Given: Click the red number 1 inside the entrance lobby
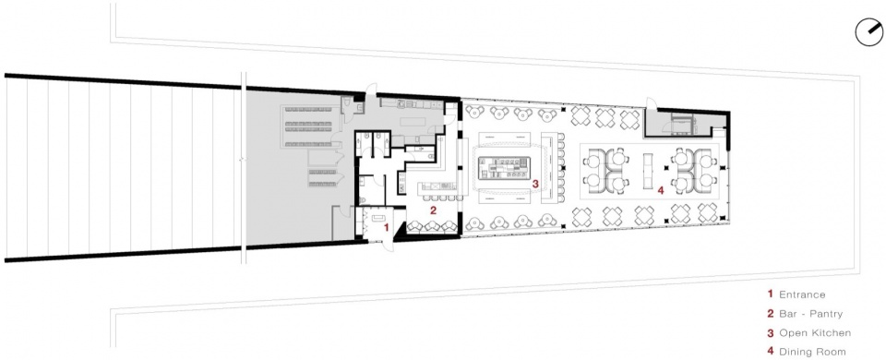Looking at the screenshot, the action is pyautogui.click(x=386, y=228).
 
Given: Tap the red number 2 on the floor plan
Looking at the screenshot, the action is pyautogui.click(x=433, y=211).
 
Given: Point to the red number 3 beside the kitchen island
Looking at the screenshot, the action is pyautogui.click(x=535, y=183).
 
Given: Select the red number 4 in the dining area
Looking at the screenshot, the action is pyautogui.click(x=660, y=190).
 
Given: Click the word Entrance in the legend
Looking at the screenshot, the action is pyautogui.click(x=802, y=294).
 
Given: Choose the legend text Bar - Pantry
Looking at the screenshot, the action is pyautogui.click(x=811, y=314).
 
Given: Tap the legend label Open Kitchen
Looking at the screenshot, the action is pyautogui.click(x=815, y=333).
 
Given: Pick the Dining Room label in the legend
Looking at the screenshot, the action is pyautogui.click(x=812, y=352).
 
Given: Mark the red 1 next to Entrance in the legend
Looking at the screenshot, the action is pyautogui.click(x=770, y=294).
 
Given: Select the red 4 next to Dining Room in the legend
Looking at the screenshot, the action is pyautogui.click(x=770, y=352).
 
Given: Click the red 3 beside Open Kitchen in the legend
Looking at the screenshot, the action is pyautogui.click(x=770, y=333).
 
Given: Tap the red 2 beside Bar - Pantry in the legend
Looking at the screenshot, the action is pyautogui.click(x=770, y=314).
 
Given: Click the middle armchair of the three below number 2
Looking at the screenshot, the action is pyautogui.click(x=432, y=226).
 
